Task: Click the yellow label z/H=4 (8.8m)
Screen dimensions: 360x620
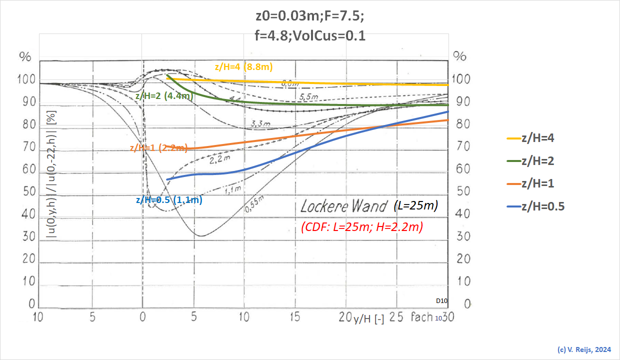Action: tap(243, 67)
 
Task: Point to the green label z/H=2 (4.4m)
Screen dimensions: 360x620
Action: tap(164, 96)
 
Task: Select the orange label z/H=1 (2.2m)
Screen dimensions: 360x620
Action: tap(158, 147)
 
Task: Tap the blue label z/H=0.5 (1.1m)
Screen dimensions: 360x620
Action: tap(168, 200)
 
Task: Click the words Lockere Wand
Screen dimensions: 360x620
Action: tap(344, 206)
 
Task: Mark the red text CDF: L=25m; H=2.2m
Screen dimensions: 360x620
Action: tap(362, 226)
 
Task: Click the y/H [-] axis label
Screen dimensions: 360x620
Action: tap(368, 319)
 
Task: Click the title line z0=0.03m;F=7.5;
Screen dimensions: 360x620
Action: tap(309, 15)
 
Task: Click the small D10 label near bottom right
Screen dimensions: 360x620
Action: tap(441, 301)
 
